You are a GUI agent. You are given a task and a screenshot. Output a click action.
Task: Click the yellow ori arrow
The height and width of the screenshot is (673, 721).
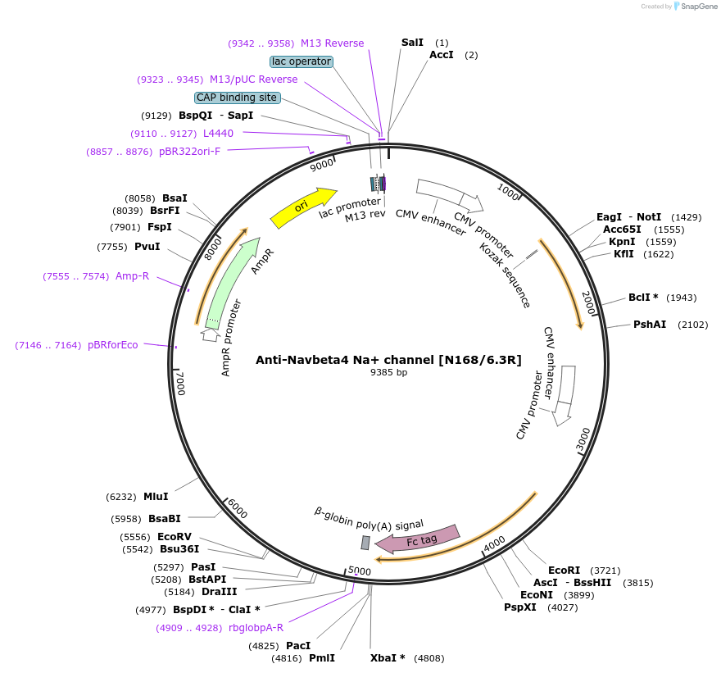click(x=302, y=208)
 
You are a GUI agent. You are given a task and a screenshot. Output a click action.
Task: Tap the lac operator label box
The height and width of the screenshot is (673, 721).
click(x=301, y=61)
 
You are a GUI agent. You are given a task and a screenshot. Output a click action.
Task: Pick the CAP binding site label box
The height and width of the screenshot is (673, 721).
click(x=237, y=98)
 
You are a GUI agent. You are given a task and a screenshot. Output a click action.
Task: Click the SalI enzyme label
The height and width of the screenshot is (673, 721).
click(x=412, y=43)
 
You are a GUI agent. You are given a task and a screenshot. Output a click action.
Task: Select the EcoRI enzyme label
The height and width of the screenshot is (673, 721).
click(x=564, y=570)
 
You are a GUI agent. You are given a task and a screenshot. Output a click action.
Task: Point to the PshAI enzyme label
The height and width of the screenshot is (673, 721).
click(x=648, y=325)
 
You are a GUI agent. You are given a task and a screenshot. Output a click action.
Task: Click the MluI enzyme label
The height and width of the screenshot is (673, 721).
click(x=156, y=497)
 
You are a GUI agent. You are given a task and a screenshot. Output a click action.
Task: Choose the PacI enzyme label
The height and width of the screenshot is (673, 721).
click(x=298, y=646)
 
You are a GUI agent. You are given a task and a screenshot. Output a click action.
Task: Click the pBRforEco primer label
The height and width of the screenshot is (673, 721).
click(x=113, y=345)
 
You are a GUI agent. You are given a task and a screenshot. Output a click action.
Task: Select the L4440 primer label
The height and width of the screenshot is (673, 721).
click(x=218, y=134)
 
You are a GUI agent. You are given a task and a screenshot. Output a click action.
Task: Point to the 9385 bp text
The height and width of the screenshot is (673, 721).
click(x=388, y=372)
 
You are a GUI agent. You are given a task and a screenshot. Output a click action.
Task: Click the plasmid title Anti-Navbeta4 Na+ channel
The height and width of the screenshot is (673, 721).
click(x=388, y=359)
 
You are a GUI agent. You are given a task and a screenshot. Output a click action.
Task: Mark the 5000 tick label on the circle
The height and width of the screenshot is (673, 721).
click(x=360, y=571)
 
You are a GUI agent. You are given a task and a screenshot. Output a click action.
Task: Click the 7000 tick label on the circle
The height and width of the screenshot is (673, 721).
click(x=182, y=382)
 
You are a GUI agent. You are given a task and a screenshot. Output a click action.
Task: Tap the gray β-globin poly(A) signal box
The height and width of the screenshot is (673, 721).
click(x=365, y=543)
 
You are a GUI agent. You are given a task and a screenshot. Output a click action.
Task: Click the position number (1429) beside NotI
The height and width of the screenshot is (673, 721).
click(x=686, y=217)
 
